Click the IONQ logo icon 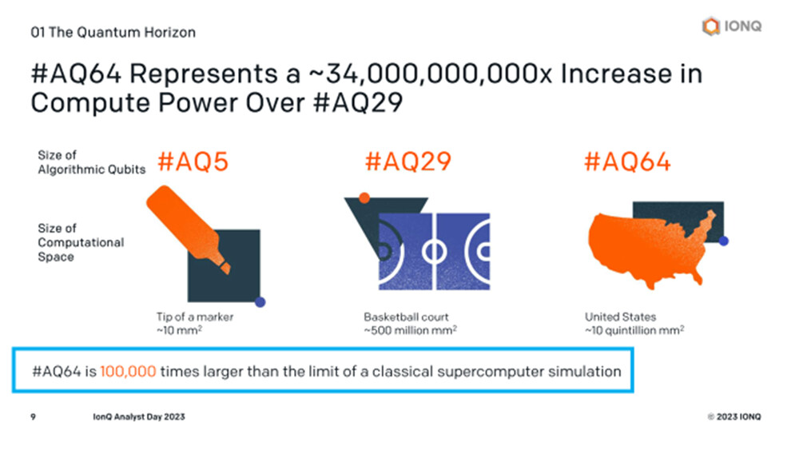pyautogui.click(x=711, y=26)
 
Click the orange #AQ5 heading pyautogui.click(x=193, y=162)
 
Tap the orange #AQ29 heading pyautogui.click(x=408, y=162)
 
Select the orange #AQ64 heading pyautogui.click(x=627, y=162)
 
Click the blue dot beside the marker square pyautogui.click(x=260, y=302)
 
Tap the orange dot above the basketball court pyautogui.click(x=364, y=197)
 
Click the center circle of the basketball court pyautogui.click(x=434, y=251)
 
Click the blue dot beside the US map pyautogui.click(x=724, y=241)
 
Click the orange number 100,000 pyautogui.click(x=128, y=372)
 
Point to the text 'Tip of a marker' pyautogui.click(x=195, y=317)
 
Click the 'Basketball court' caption pyautogui.click(x=406, y=317)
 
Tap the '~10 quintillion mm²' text pyautogui.click(x=634, y=330)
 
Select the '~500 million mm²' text pyautogui.click(x=410, y=330)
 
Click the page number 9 pyautogui.click(x=33, y=417)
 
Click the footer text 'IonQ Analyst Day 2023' pyautogui.click(x=138, y=417)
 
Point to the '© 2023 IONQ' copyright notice pyautogui.click(x=733, y=417)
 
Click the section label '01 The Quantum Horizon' pyautogui.click(x=113, y=32)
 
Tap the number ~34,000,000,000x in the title pyautogui.click(x=431, y=74)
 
